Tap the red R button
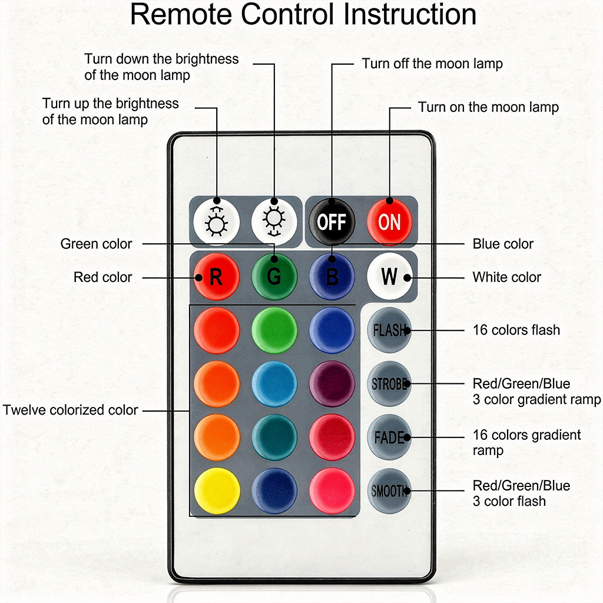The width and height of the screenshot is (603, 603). pos(216,276)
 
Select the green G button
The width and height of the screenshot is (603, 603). pos(274,276)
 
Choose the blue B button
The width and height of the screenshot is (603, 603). pos(332,276)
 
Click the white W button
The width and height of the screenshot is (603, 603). pos(389,276)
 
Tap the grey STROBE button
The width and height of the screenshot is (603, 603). pos(389,383)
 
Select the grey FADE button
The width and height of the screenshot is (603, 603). pos(389,438)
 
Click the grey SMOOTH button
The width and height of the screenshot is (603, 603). pos(389,491)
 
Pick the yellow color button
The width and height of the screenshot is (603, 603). pos(216,491)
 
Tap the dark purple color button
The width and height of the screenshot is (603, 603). pos(332,383)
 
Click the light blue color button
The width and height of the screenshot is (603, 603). pos(274,383)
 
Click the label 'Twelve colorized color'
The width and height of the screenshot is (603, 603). pos(71,410)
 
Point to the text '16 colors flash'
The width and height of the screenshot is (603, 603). pos(516,330)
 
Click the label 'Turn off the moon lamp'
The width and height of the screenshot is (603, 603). pos(432,64)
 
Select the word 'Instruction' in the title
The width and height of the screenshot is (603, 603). pos(410,14)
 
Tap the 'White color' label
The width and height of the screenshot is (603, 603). pos(506,277)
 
